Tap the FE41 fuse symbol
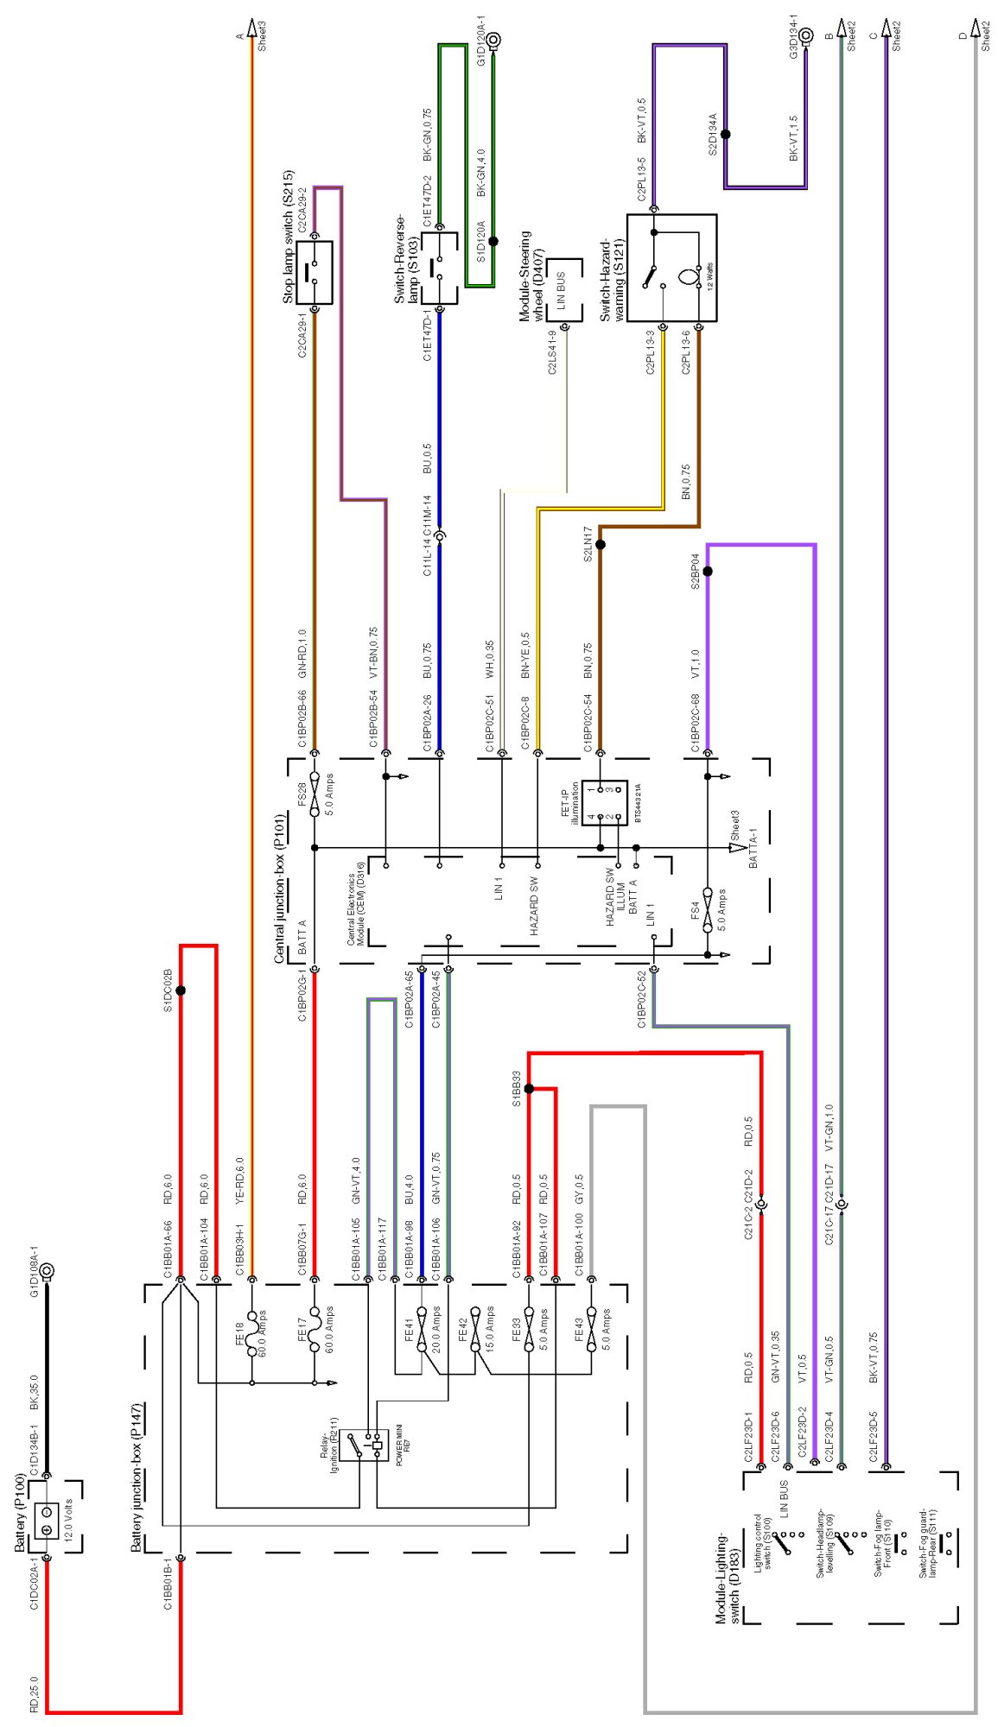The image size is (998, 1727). click(422, 1331)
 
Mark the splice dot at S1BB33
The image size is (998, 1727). click(529, 1089)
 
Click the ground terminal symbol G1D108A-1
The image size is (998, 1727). click(48, 1271)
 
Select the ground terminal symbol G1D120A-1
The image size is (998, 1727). click(494, 39)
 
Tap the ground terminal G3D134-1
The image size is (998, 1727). click(805, 35)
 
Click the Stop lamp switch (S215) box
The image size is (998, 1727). click(315, 272)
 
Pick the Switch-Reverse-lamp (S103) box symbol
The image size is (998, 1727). click(439, 268)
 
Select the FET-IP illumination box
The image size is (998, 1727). click(604, 802)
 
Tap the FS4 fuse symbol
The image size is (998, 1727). click(708, 909)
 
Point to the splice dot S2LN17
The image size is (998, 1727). click(601, 545)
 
